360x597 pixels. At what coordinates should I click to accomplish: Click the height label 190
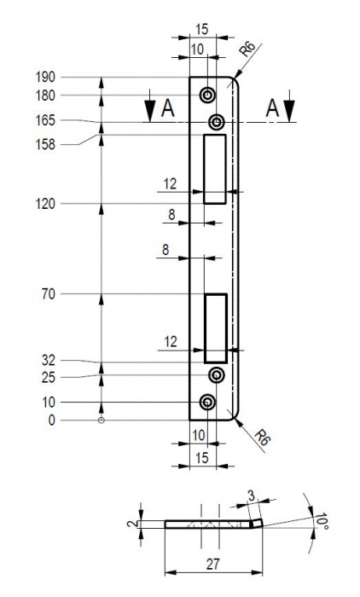point(45,78)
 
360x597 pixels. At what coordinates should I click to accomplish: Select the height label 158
point(45,145)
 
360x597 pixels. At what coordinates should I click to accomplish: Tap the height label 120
point(45,204)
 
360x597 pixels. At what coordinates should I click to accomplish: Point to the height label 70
point(49,294)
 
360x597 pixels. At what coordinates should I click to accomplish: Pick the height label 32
point(49,360)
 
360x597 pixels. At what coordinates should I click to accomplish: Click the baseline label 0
point(51,420)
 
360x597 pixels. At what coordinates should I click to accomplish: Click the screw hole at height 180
point(207,96)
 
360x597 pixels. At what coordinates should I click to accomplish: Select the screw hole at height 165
point(218,122)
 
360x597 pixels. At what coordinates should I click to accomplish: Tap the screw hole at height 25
point(217,375)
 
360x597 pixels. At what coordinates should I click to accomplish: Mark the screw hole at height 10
point(207,402)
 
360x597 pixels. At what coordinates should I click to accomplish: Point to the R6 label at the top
point(247,49)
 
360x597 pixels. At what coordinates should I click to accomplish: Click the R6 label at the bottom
point(263,438)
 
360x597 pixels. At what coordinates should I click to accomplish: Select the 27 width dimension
point(213,565)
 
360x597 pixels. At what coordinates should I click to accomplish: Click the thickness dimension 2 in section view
point(131,524)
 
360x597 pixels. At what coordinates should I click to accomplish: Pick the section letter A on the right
point(272,108)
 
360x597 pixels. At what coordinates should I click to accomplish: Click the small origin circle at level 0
point(102,420)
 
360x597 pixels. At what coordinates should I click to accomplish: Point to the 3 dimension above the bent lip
point(251,496)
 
